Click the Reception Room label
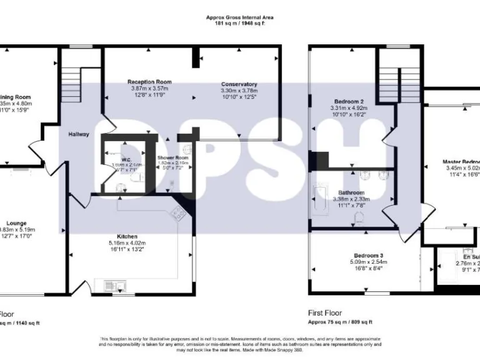149,82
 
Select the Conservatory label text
239,84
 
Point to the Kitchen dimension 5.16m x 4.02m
127,244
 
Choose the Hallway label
79,134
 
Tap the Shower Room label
172,158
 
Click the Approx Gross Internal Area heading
239,17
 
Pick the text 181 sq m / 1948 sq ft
239,24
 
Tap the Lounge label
16,222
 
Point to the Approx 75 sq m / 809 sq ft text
341,322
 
